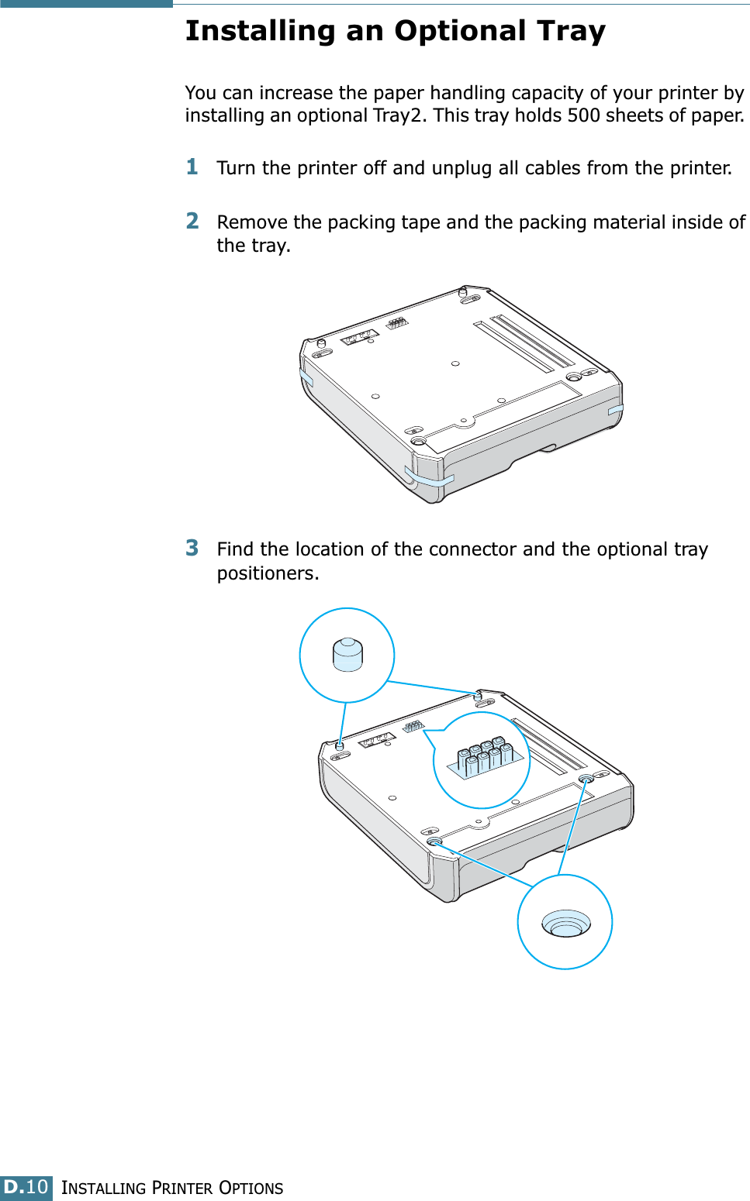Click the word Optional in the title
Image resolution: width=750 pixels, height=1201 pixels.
pos(460,32)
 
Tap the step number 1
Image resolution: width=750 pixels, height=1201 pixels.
pos(192,167)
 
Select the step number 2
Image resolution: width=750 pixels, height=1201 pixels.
pos(192,221)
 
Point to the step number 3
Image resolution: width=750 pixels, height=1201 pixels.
pos(192,548)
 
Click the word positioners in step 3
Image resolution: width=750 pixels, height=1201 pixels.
pos(268,573)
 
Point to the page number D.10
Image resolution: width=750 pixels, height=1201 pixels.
pos(26,1186)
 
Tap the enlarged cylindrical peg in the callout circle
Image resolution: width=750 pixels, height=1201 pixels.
pos(347,655)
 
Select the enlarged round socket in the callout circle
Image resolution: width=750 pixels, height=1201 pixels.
pos(566,923)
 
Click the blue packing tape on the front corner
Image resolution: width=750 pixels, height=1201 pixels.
pos(429,477)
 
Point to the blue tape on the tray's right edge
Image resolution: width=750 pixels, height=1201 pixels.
pos(616,410)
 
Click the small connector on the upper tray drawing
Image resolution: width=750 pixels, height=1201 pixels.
pos(397,323)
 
